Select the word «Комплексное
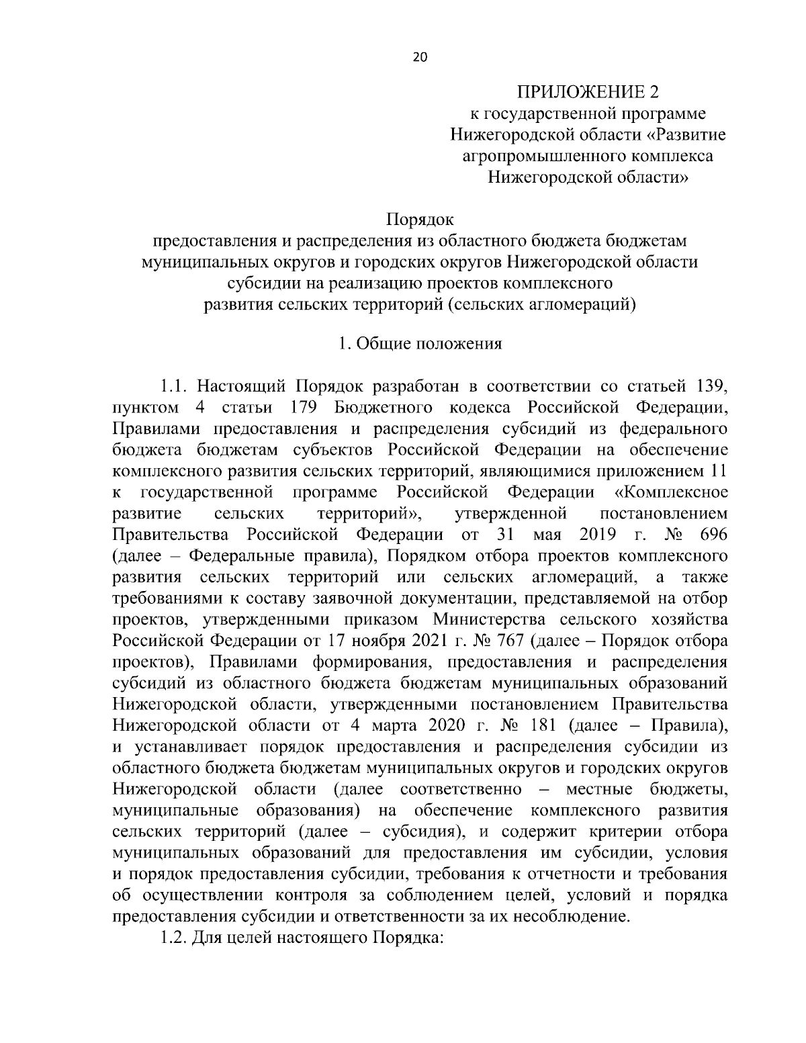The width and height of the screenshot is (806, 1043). click(x=672, y=492)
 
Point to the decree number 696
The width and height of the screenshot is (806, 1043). click(x=713, y=535)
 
